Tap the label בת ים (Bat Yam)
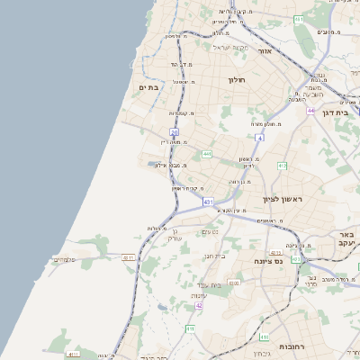[148, 87]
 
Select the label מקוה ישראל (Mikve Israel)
[229, 47]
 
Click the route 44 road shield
[310, 111]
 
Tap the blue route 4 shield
[259, 138]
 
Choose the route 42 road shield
[198, 305]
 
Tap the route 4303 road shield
[235, 283]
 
